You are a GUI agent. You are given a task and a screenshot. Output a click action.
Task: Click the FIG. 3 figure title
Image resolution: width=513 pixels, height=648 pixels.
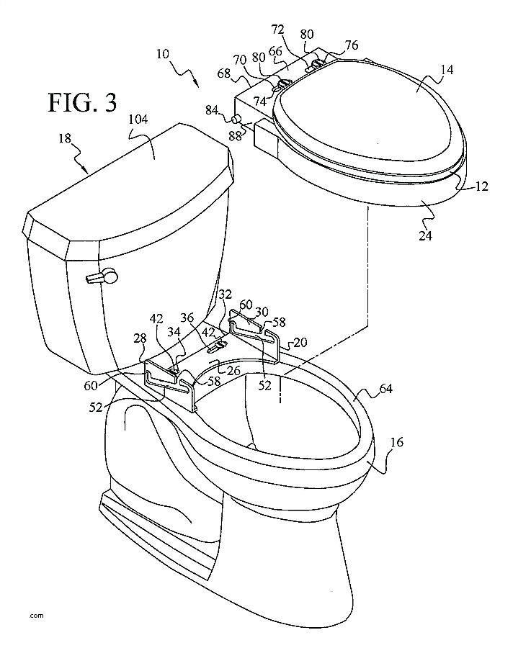pos(82,102)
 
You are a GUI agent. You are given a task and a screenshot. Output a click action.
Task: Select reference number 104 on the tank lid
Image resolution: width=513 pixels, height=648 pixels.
pos(137,121)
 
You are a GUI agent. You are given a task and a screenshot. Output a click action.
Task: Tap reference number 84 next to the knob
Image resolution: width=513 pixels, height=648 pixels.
pos(213,110)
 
